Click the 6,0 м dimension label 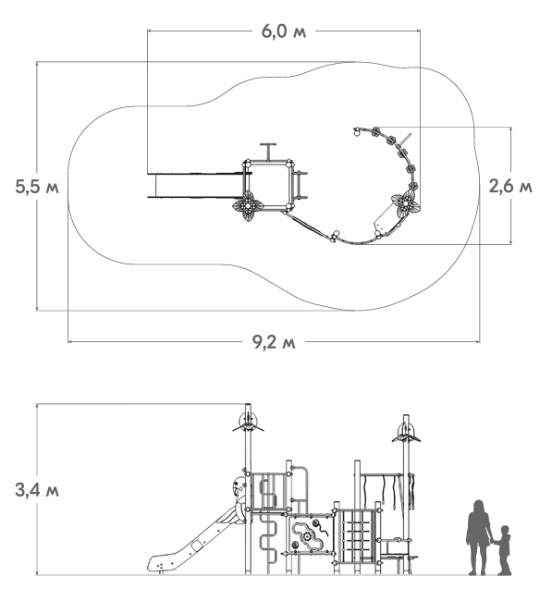284,31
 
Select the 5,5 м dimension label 37,187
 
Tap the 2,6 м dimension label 510,186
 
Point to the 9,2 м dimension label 274,342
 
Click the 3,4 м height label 37,490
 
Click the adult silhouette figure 478,537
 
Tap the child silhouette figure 502,550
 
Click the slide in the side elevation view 191,543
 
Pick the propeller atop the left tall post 248,423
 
